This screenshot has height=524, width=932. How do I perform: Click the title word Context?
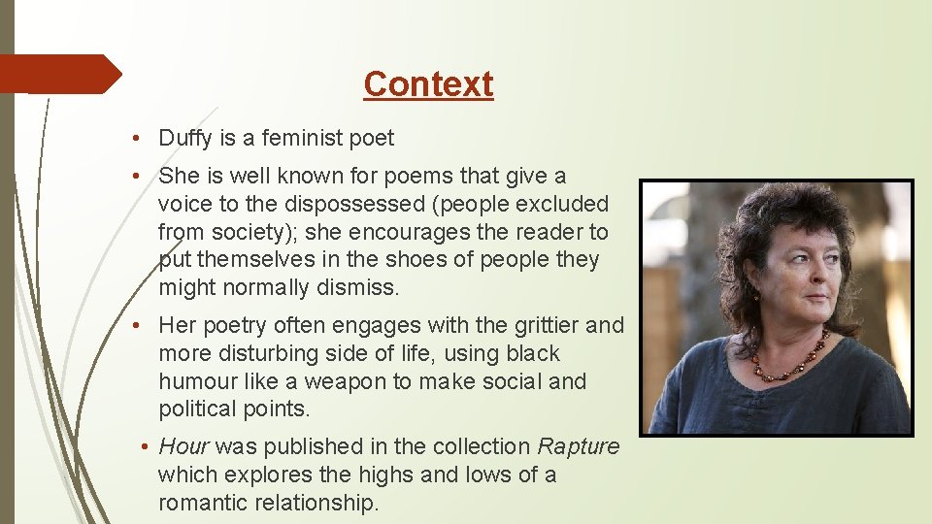[x=428, y=84]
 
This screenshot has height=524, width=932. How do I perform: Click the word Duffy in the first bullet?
[x=185, y=139]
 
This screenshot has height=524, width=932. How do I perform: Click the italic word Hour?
[x=183, y=446]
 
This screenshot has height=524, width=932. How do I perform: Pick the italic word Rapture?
[x=578, y=446]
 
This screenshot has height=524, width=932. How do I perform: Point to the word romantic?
[x=205, y=503]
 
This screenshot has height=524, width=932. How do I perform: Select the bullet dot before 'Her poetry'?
[x=142, y=326]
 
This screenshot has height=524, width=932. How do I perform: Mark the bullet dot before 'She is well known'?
[x=142, y=177]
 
